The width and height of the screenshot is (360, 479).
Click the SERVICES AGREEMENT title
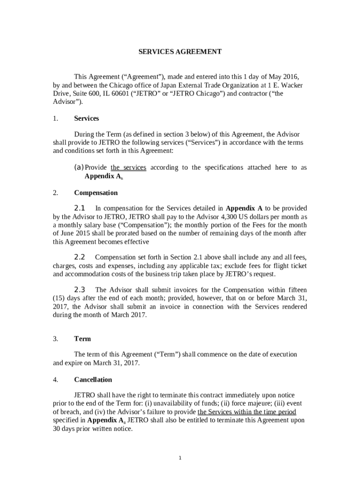click(180, 52)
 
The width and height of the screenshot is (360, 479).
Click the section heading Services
click(86, 118)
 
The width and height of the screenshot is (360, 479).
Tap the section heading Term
click(82, 339)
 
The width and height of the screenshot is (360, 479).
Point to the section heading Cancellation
click(93, 380)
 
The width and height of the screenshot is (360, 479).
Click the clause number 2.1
click(79, 208)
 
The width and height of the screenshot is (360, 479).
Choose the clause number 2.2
click(79, 257)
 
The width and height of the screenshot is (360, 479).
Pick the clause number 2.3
click(79, 290)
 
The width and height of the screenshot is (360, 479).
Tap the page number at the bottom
click(180, 457)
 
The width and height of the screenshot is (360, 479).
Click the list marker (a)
click(79, 167)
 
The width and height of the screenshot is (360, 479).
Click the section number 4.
click(55, 380)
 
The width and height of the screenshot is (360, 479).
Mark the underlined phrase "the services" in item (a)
click(128, 167)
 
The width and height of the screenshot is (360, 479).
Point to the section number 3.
click(55, 339)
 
